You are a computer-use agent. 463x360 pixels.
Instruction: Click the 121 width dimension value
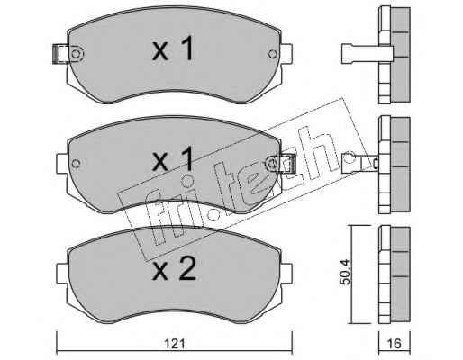(175, 344)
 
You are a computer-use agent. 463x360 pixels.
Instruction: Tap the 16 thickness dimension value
(395, 344)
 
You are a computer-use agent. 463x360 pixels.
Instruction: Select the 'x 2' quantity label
(175, 269)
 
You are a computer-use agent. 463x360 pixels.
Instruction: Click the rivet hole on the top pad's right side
(273, 54)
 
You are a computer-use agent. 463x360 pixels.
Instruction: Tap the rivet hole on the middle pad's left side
(77, 164)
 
